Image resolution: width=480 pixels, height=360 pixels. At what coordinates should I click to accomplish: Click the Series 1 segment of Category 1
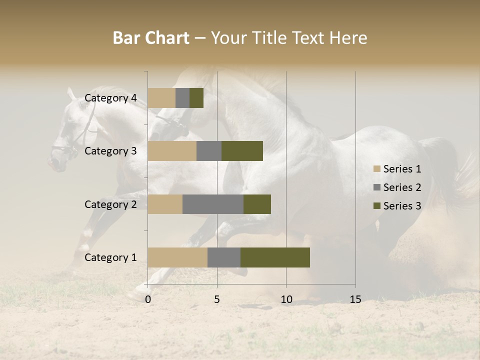point(177,257)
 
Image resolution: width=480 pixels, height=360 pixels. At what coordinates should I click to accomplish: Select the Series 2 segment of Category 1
point(224,257)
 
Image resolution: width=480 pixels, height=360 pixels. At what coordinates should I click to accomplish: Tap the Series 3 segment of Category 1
point(275,257)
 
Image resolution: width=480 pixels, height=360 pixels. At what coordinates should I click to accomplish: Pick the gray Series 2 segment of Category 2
point(213,204)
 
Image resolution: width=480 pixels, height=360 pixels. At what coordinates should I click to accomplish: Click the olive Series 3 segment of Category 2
point(257,204)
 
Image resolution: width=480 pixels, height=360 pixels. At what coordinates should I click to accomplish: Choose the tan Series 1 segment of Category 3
point(172,151)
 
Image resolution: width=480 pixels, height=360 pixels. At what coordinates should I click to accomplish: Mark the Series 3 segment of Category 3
point(242,151)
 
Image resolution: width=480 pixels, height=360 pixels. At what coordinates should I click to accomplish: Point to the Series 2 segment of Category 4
point(182,98)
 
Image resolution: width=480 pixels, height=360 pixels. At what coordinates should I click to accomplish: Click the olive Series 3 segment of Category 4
point(196,98)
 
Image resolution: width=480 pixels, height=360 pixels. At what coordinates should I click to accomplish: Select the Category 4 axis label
point(110,98)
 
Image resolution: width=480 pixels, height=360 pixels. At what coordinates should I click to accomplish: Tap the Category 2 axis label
point(110,204)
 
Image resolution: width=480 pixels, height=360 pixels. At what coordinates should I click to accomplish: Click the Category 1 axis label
point(110,257)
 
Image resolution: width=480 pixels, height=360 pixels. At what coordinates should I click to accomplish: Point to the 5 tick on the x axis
point(217,299)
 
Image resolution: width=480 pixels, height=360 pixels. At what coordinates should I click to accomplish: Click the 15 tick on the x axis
point(355,299)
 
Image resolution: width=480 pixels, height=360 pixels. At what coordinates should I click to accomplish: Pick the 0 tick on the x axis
point(148,299)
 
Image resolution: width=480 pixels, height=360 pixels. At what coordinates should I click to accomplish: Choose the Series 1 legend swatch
point(377,169)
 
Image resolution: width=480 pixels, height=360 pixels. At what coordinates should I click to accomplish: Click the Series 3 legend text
point(402,206)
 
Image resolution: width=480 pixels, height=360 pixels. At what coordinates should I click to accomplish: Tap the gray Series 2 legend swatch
point(377,187)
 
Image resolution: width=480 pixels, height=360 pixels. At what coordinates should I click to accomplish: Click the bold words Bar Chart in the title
point(151,38)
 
